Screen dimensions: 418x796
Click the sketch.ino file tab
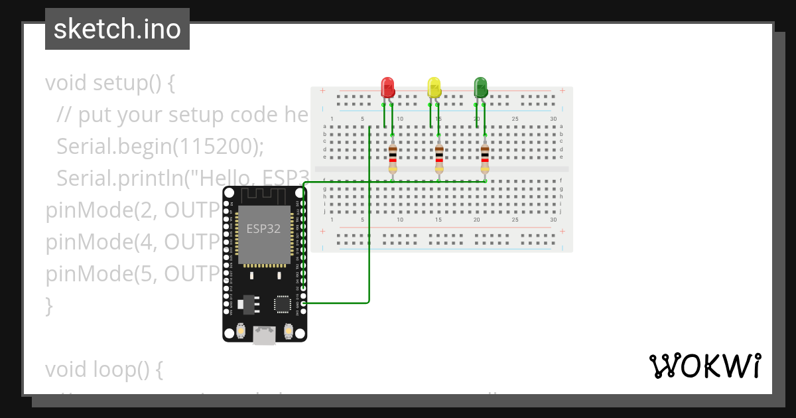point(117,29)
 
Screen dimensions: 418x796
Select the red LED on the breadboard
point(387,88)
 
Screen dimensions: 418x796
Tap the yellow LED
point(434,88)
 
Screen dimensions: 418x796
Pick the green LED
point(480,88)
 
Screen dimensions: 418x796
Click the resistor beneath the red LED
point(393,158)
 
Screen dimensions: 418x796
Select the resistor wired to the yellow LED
point(439,158)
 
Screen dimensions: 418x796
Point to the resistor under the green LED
point(486,158)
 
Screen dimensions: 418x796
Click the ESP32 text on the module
point(264,229)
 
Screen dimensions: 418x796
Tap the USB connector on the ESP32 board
point(265,336)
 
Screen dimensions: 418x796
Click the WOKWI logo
point(704,366)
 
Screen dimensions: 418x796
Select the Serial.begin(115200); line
point(160,147)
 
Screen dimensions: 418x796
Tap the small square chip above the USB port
point(282,305)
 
